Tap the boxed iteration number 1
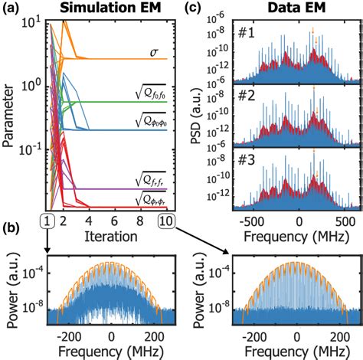click(47, 221)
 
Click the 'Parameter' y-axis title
click(8, 115)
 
